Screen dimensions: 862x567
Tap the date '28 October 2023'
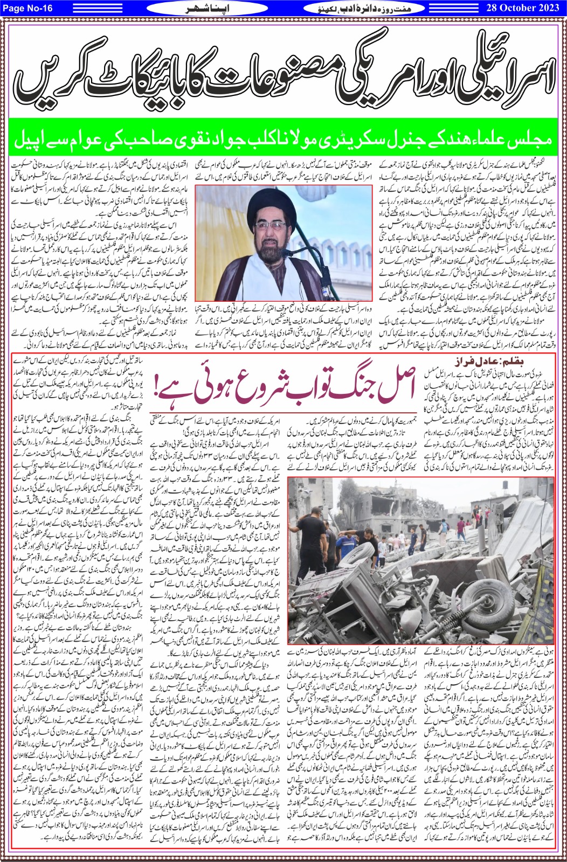pos(521,8)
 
